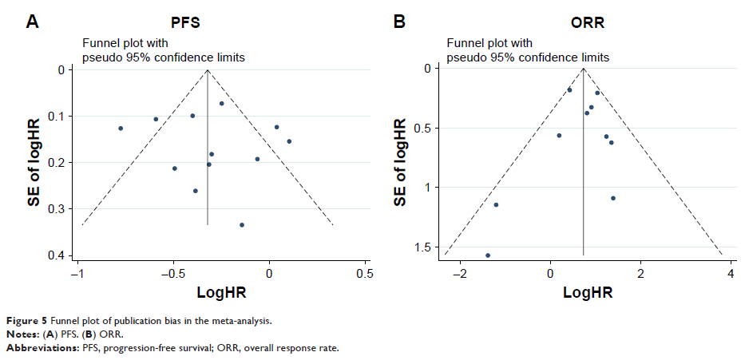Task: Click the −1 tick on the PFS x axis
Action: click(78, 272)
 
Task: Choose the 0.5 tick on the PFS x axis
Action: click(365, 272)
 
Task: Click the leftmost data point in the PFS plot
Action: click(121, 129)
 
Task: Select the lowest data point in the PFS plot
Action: click(242, 225)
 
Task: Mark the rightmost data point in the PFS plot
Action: click(289, 141)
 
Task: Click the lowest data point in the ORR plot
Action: click(488, 255)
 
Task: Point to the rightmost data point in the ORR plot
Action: click(613, 198)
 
